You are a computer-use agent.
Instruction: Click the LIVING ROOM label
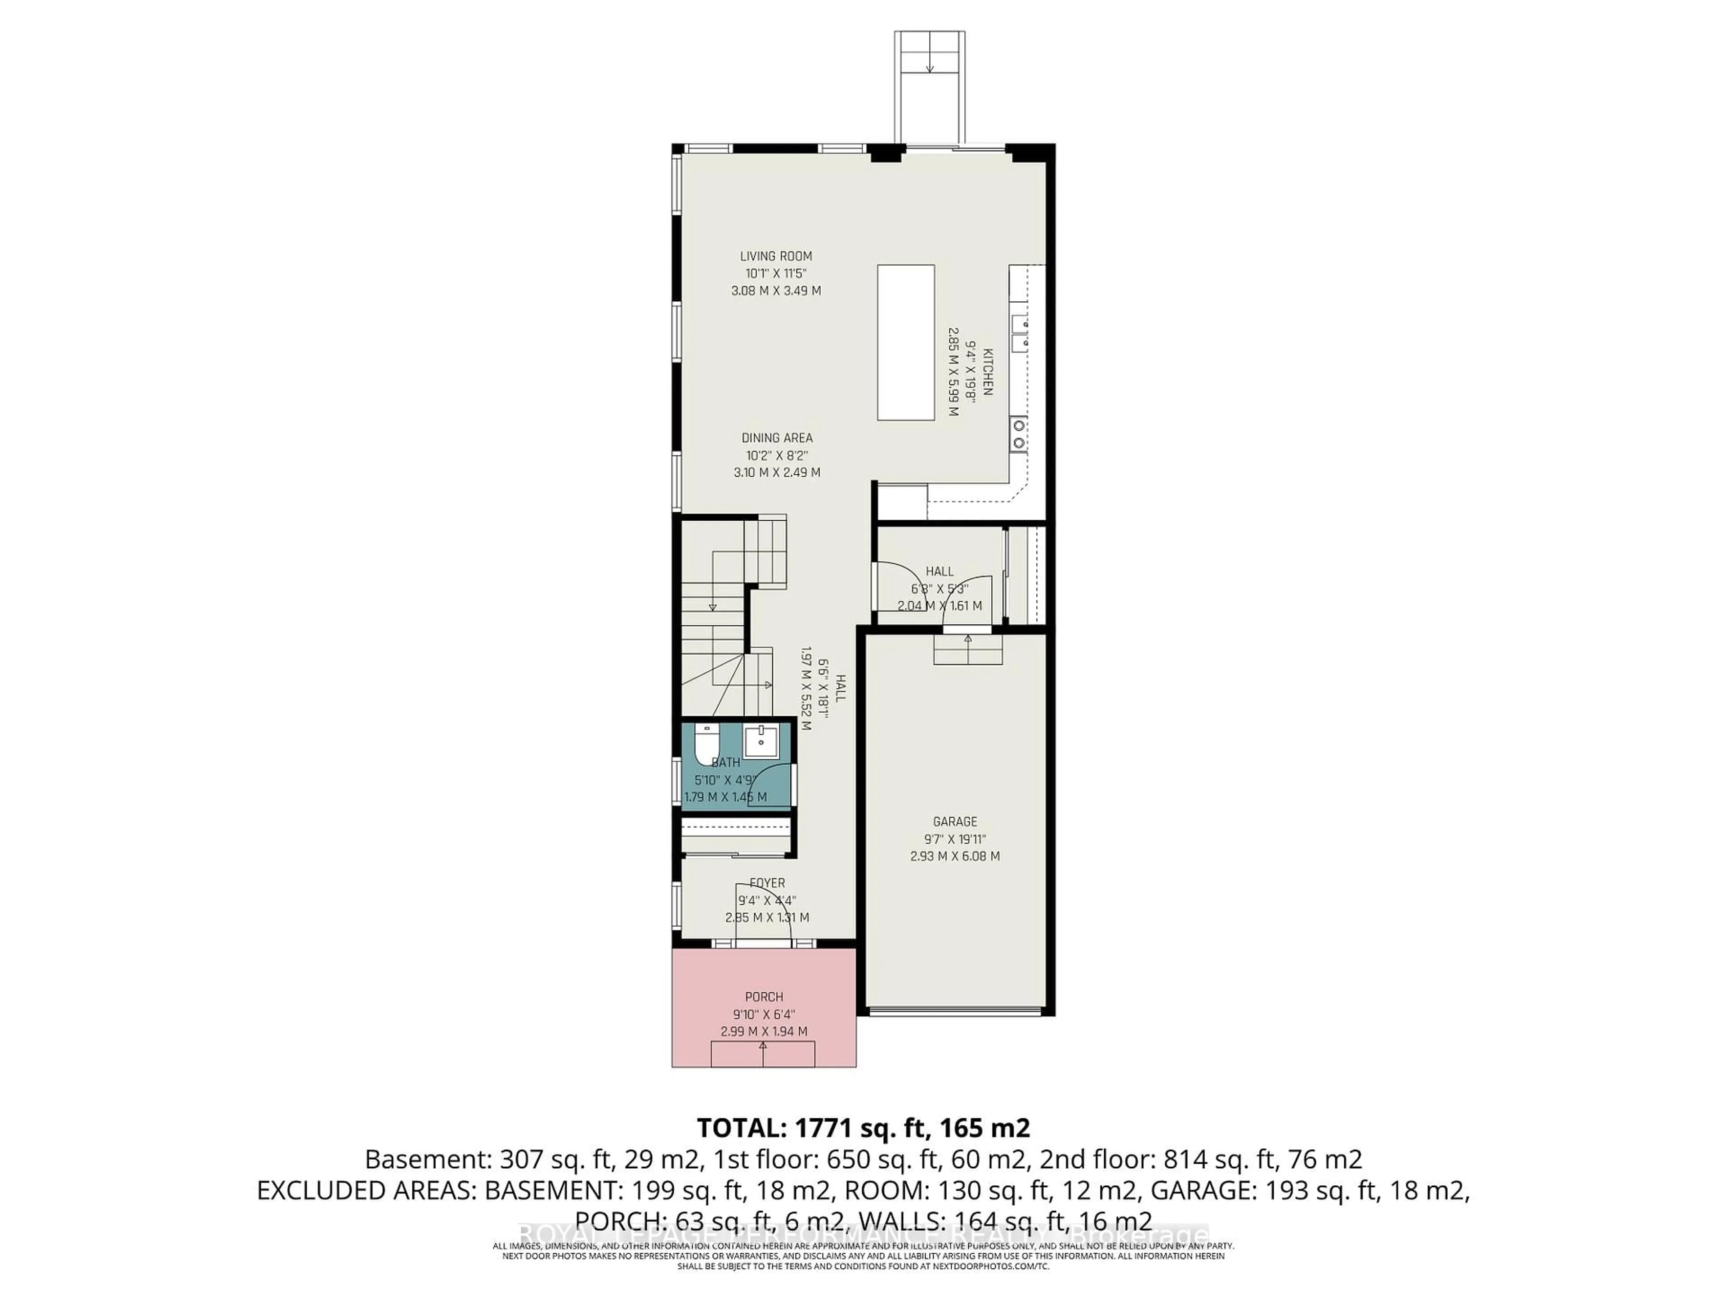[x=776, y=256]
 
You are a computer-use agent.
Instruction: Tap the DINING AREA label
[x=777, y=438]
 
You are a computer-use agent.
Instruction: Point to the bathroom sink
[x=760, y=741]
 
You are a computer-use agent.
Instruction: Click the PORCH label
[x=764, y=997]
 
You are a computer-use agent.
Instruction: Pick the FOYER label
[x=767, y=883]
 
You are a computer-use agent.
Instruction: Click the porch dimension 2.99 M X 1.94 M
[x=764, y=1031]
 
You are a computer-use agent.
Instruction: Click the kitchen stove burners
[x=1019, y=433]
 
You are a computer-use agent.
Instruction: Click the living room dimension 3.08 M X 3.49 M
[x=776, y=290]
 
